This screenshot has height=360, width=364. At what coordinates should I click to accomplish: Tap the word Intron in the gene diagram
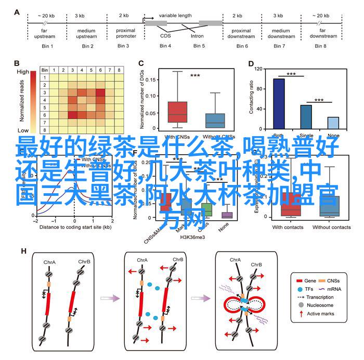[197, 36]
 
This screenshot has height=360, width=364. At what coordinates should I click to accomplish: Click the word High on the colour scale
[23, 72]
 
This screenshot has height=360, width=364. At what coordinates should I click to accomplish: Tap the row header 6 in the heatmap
[45, 114]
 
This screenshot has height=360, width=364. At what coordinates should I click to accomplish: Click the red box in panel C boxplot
[178, 112]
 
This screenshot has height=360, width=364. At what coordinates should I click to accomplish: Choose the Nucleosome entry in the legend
[320, 304]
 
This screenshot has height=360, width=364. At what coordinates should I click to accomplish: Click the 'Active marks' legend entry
[321, 313]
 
